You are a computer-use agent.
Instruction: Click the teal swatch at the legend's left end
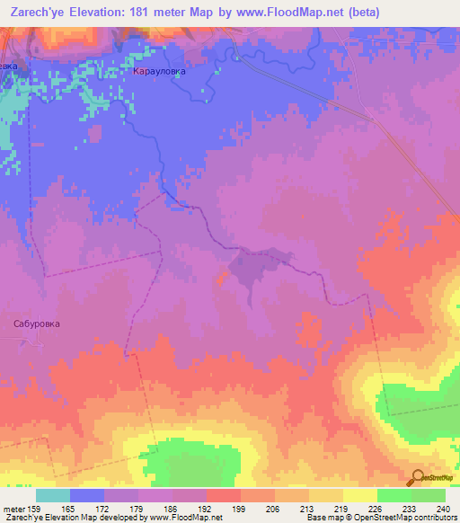53,495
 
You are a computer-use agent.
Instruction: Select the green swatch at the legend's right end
429,495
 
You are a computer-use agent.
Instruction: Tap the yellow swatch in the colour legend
360,495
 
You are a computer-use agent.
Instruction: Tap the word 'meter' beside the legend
13,508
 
